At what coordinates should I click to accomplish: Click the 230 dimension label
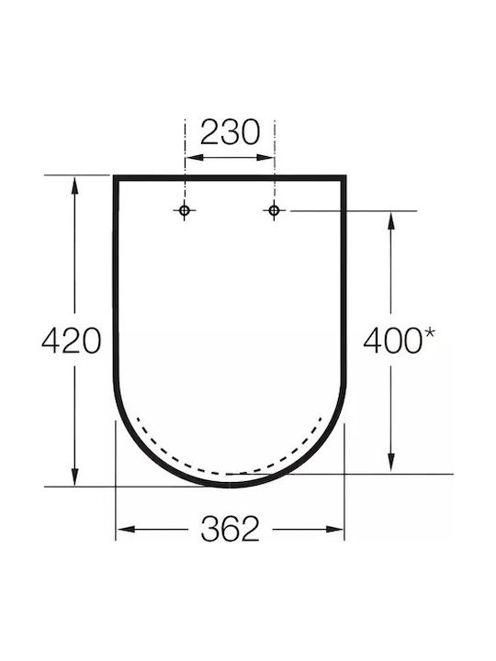(230, 132)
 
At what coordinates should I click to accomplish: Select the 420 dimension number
(72, 341)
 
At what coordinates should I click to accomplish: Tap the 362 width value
(230, 529)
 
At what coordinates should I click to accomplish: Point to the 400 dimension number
(392, 341)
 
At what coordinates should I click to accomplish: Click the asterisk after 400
(429, 332)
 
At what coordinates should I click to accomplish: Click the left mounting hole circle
(185, 210)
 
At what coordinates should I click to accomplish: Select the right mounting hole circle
(274, 210)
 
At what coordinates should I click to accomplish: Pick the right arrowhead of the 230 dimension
(265, 157)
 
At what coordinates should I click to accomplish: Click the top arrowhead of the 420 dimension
(74, 185)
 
